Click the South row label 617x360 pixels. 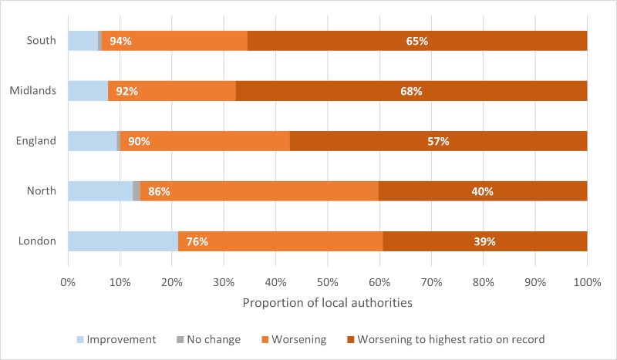coord(41,40)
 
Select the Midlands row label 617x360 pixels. coord(33,91)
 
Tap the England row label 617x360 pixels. coord(37,141)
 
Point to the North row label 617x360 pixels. coord(41,191)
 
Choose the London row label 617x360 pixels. coord(38,241)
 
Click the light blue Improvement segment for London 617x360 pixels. coord(123,241)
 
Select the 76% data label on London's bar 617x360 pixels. coord(197,241)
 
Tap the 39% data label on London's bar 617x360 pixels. coord(484,241)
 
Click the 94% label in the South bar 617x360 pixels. coord(120,41)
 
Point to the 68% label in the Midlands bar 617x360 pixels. coord(411,91)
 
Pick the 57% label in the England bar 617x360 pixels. coord(438,141)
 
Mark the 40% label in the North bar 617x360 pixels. coord(482,191)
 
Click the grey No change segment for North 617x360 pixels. coord(137,191)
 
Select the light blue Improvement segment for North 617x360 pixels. coord(100,191)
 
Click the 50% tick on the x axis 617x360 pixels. coord(327,282)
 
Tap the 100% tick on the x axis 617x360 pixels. coord(587,282)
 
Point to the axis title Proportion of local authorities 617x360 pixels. coord(327,303)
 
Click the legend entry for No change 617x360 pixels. coord(208,339)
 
